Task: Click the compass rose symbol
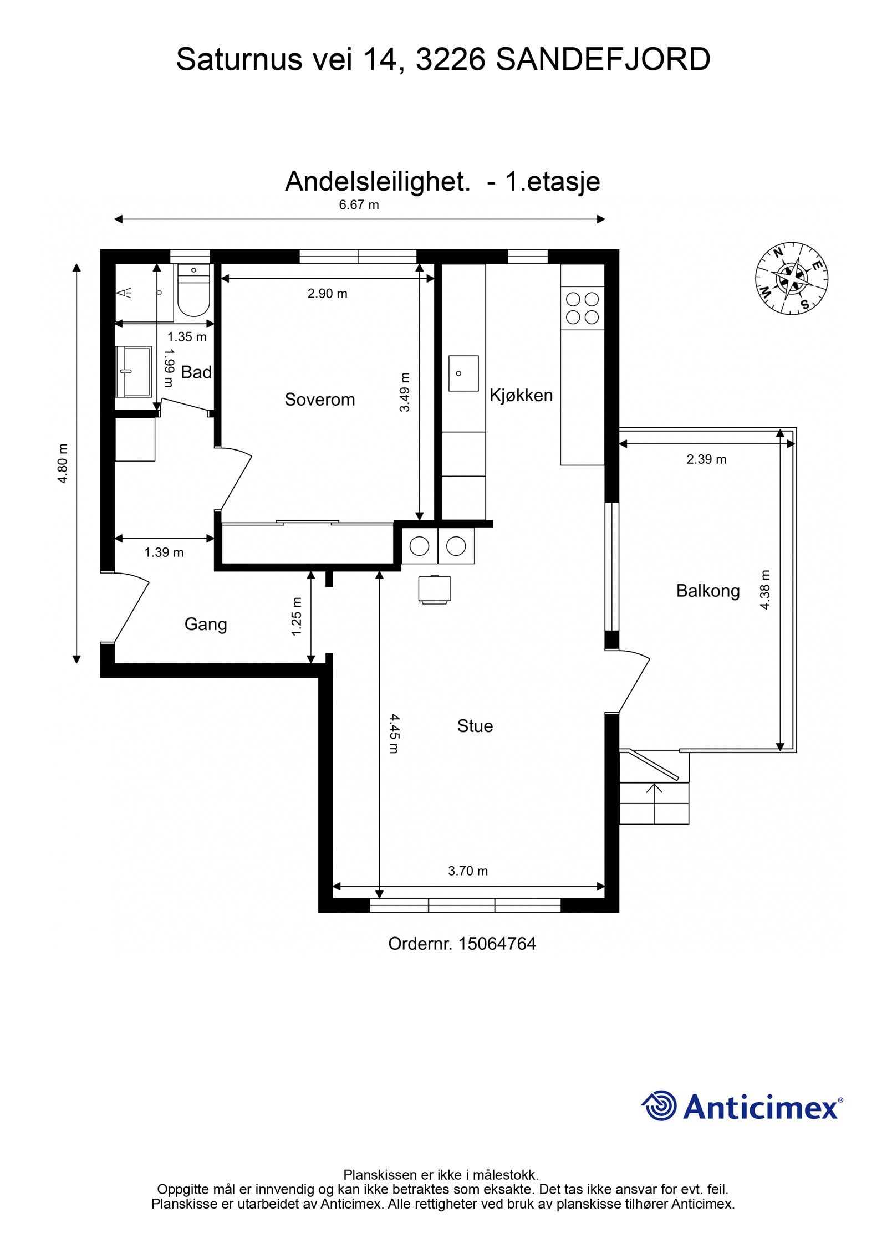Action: point(791,278)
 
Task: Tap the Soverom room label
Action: point(319,400)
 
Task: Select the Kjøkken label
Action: point(521,395)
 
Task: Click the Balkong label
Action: point(707,591)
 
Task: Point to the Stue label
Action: point(475,726)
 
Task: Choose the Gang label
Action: point(206,624)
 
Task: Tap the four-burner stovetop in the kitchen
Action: point(582,308)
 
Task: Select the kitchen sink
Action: point(463,373)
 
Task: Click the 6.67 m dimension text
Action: point(359,205)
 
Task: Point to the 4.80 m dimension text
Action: point(63,463)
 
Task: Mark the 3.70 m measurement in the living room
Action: point(467,871)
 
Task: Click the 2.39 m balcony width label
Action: point(706,459)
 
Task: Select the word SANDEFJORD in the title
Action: point(603,60)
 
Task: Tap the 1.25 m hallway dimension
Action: point(297,616)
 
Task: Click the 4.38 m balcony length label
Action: point(765,590)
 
